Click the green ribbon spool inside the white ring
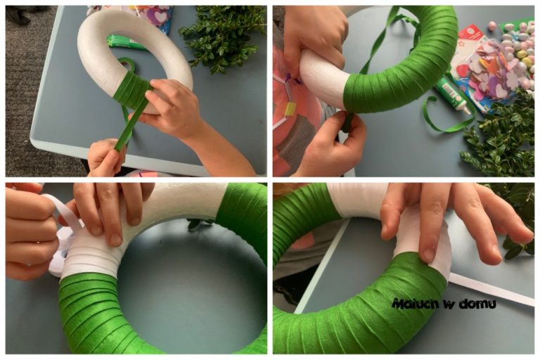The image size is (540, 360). point(127,64)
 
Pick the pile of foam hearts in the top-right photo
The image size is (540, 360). point(494,72)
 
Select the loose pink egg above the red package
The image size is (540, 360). point(491,25)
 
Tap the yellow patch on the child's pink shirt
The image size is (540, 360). point(290,108)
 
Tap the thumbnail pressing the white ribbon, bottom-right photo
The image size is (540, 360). point(428,255)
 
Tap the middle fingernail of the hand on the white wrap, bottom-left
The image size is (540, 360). point(116,239)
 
